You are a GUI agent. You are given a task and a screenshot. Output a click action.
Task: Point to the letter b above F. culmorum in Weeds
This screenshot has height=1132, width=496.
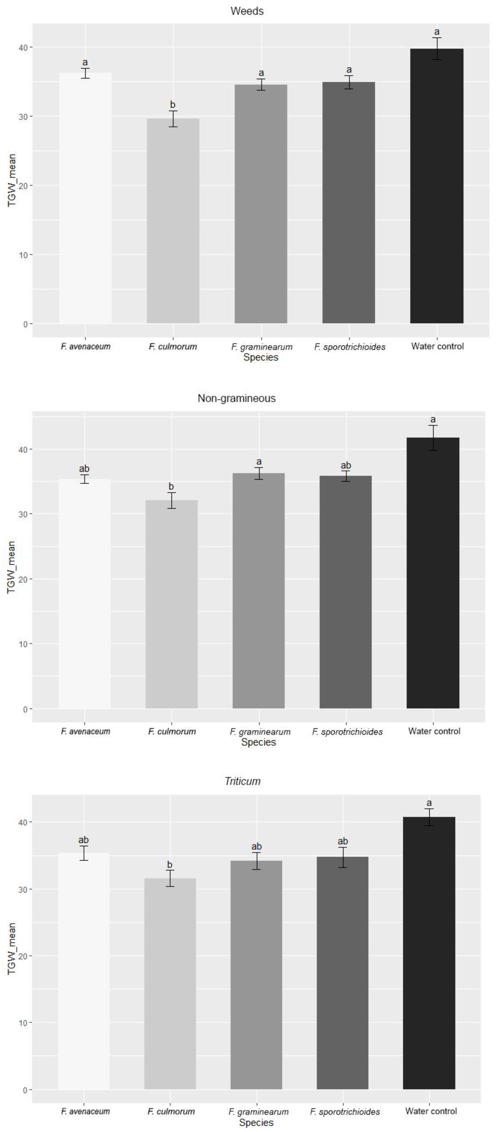tap(173, 105)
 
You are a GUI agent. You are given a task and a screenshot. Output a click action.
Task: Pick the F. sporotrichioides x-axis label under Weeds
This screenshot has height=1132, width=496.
tap(349, 347)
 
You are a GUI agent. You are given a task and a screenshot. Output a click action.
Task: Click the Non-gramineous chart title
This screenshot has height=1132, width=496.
tap(237, 398)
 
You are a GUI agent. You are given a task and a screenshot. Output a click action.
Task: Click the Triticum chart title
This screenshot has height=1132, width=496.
tap(242, 781)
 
